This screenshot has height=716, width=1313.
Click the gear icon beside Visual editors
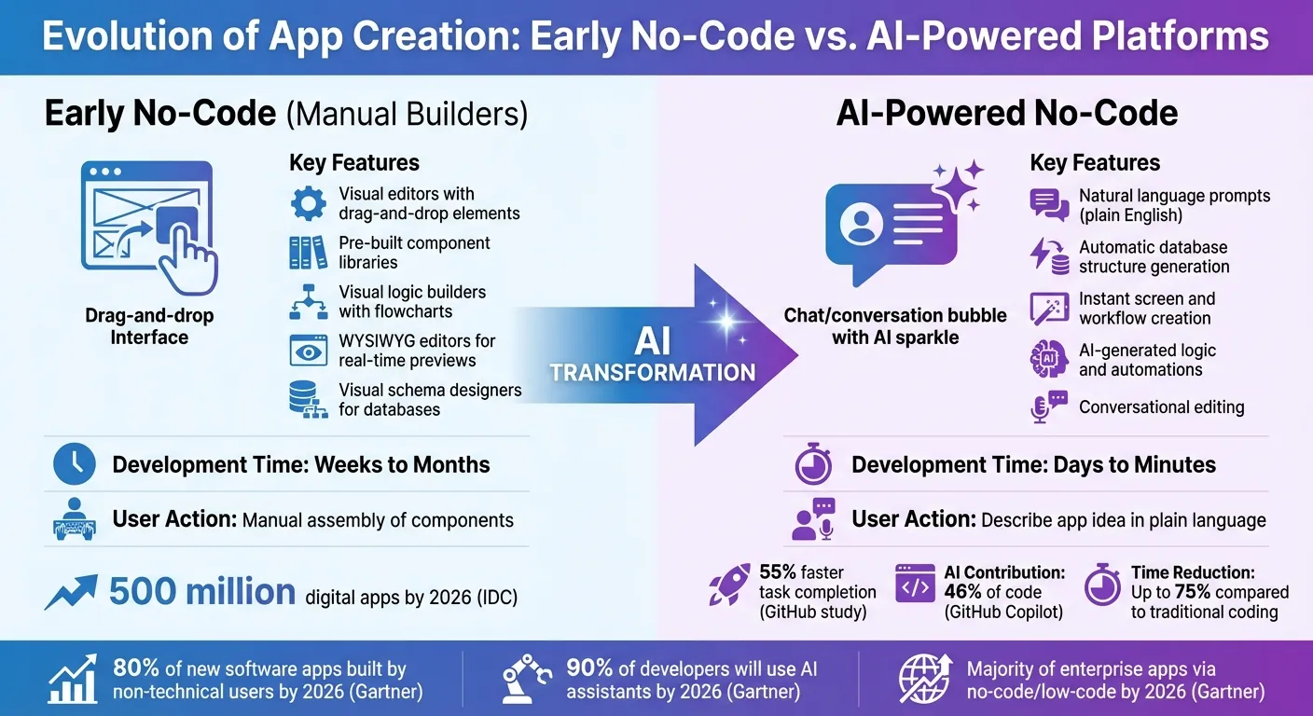point(308,203)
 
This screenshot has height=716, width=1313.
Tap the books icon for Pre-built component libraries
point(308,253)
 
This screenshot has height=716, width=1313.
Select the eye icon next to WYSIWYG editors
point(308,351)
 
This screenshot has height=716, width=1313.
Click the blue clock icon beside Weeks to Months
point(74,463)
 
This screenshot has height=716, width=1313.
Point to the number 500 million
point(202,592)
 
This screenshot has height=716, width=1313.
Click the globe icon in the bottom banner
point(924,679)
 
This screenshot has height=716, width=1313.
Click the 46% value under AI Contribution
point(966,592)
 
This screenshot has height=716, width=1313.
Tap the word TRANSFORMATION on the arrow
point(652,373)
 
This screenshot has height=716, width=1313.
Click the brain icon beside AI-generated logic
point(1048,360)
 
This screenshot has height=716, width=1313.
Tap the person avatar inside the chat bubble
point(862,224)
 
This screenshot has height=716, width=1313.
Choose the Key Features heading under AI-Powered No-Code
point(1095,163)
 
